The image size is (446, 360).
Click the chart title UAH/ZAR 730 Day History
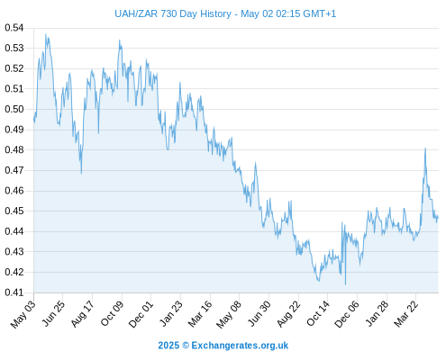(173, 13)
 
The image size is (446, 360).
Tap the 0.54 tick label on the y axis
(14, 28)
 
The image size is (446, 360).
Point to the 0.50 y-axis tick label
(14, 109)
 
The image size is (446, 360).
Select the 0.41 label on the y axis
(14, 292)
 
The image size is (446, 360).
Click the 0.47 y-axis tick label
(14, 170)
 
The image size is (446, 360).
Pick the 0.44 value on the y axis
(14, 231)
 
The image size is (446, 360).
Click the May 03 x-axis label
(23, 314)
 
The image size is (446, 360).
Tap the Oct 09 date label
(112, 314)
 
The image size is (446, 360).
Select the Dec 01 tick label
(141, 314)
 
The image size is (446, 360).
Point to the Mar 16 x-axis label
(200, 314)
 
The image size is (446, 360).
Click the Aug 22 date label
(288, 314)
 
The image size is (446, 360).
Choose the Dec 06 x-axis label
(347, 314)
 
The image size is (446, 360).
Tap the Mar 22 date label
(405, 314)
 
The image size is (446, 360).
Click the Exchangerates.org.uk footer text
(240, 346)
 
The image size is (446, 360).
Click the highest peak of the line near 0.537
(46, 34)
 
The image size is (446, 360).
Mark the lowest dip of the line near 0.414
(345, 284)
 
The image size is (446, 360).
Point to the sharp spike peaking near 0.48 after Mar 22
(425, 148)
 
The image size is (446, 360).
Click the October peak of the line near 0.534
(119, 40)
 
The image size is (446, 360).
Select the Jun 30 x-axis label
(259, 314)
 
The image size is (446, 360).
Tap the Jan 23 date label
(170, 314)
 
